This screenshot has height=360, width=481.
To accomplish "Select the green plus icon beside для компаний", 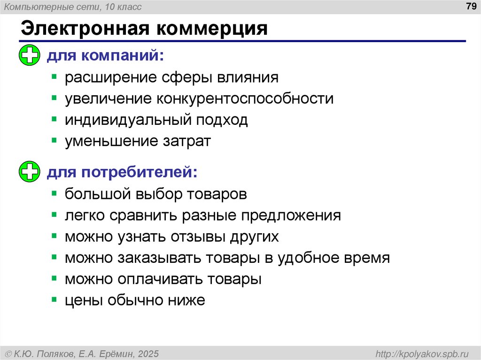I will tap(30, 56).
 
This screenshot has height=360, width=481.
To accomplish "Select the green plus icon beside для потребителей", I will tap(30, 172).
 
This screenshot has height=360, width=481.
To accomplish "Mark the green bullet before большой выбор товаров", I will tap(54, 193).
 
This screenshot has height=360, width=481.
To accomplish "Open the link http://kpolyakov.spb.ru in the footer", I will tap(419, 353).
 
